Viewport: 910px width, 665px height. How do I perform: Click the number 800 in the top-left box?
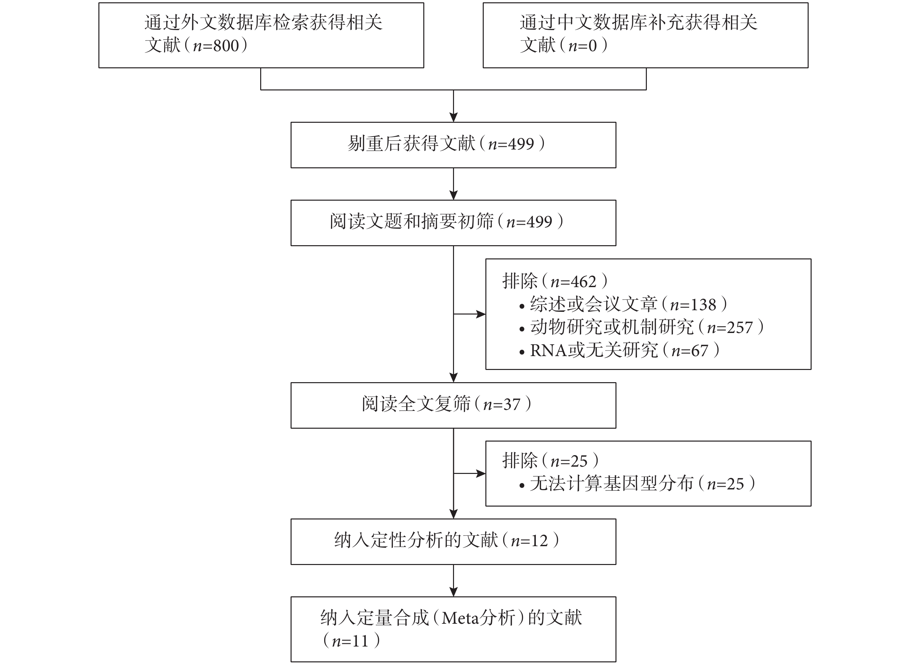click(226, 46)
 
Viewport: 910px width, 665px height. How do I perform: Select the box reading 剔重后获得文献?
click(453, 145)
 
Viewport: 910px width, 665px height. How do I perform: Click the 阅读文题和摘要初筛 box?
click(453, 223)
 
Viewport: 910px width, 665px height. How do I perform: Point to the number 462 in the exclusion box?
click(583, 282)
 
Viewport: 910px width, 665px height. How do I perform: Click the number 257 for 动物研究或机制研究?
click(740, 328)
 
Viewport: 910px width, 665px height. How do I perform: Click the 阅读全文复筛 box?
click(453, 405)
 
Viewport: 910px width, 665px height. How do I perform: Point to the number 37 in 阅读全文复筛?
click(512, 405)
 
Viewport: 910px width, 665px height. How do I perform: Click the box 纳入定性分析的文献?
click(453, 542)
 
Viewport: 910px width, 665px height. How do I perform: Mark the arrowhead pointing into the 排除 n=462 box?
click(481, 314)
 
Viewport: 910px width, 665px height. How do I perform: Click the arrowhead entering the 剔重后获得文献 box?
click(453, 117)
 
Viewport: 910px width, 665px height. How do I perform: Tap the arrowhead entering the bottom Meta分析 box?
click(453, 592)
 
